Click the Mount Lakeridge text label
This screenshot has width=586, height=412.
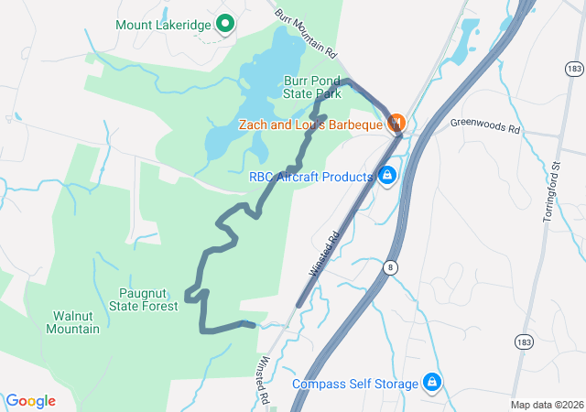click(164, 24)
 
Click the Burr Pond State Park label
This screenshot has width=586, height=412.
click(311, 87)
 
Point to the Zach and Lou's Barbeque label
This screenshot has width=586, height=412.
click(310, 124)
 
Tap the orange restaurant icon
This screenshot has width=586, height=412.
click(396, 123)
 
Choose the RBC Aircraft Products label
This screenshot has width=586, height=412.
click(311, 176)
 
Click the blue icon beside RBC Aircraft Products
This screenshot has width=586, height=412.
click(386, 175)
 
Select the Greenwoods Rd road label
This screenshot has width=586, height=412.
click(484, 127)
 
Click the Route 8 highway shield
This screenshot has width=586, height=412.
click(390, 266)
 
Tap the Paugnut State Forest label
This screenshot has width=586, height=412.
click(148, 299)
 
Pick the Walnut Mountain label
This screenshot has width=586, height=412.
click(72, 322)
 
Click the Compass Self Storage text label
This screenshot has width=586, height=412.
click(354, 384)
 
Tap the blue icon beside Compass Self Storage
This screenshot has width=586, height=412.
click(431, 383)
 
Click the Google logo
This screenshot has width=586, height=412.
click(31, 401)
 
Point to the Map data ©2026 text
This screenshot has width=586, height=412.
click(546, 405)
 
